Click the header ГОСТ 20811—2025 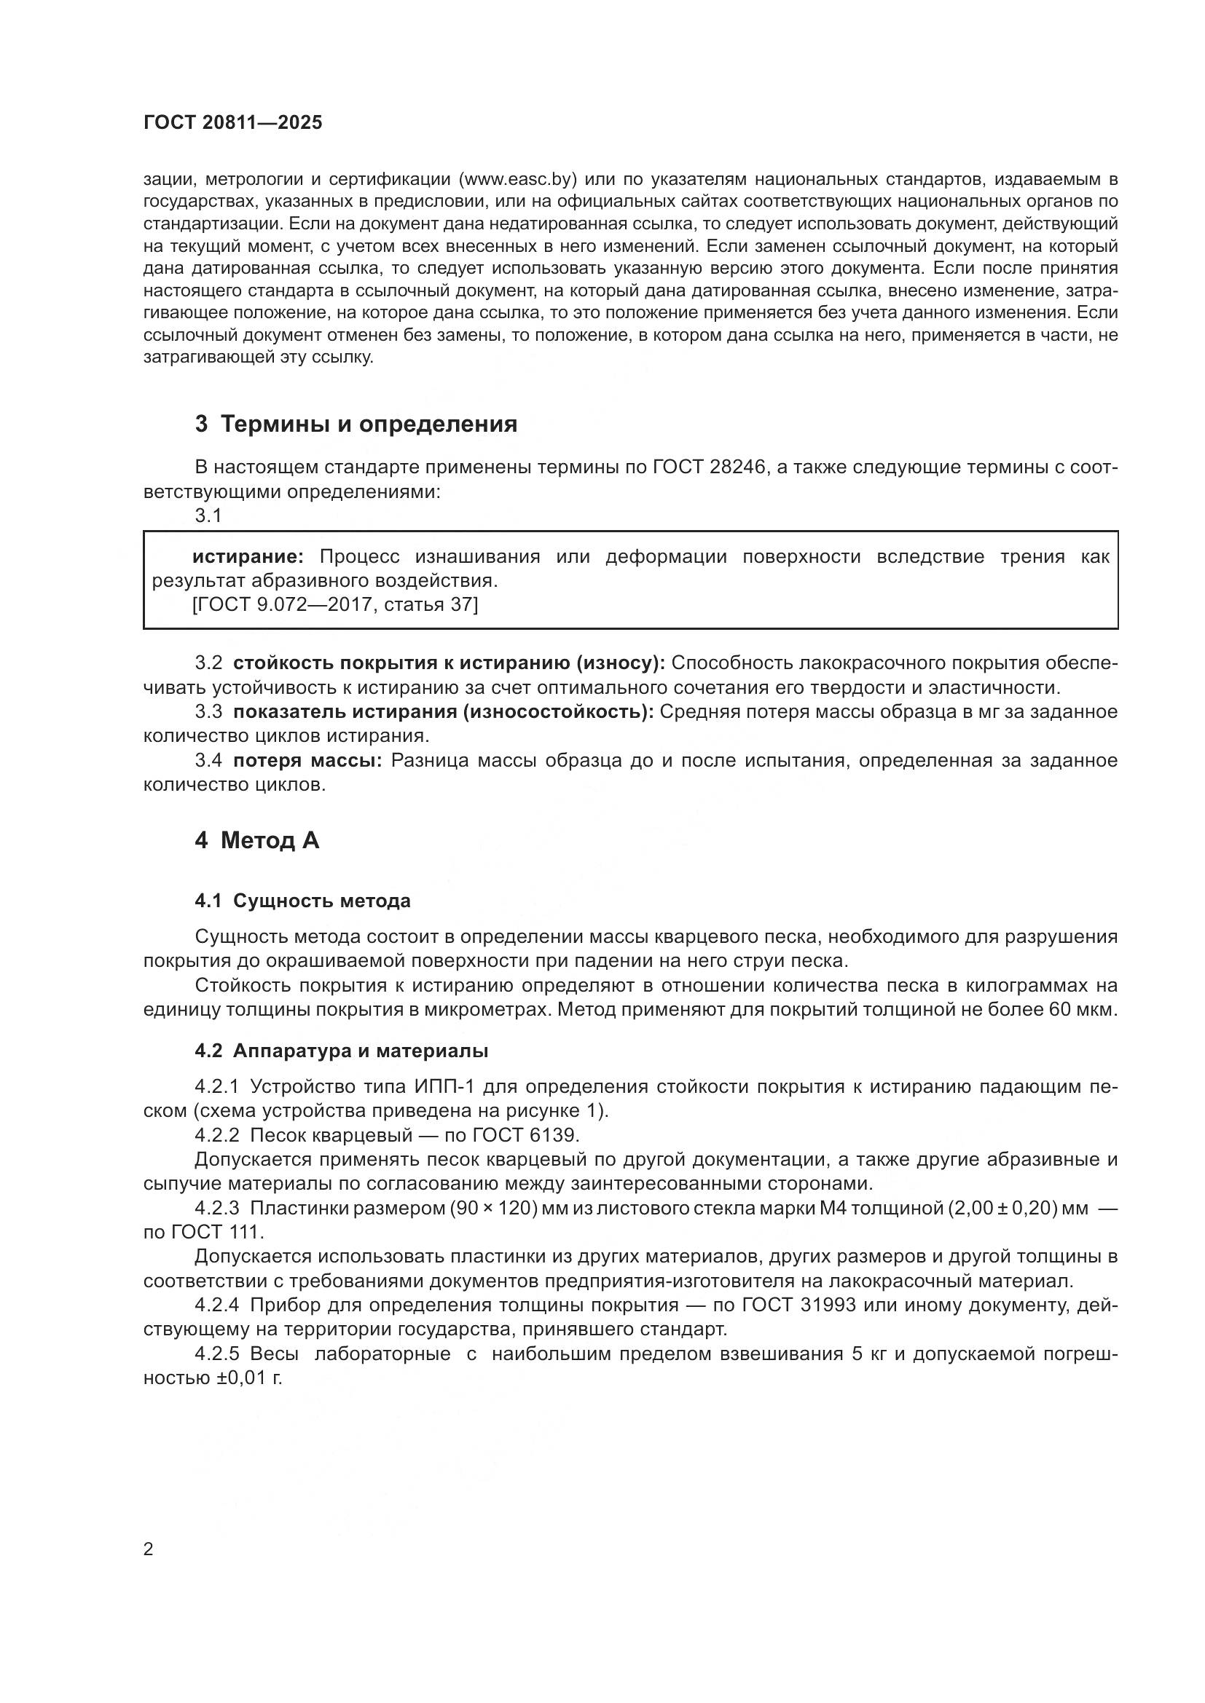(x=233, y=122)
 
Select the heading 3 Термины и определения (x=356, y=424)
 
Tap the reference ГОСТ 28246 (x=709, y=467)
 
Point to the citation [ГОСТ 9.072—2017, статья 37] (x=335, y=604)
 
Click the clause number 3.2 (x=208, y=663)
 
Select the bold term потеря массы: (x=307, y=761)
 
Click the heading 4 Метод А (x=256, y=840)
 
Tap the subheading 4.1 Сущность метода (x=302, y=901)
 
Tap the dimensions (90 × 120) (x=494, y=1209)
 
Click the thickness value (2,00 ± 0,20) (x=1002, y=1209)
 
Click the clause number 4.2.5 (x=216, y=1354)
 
